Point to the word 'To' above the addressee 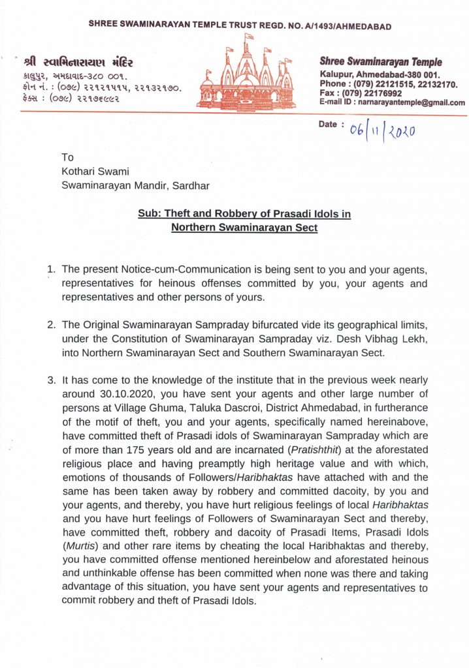click(x=68, y=157)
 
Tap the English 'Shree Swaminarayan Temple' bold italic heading click(x=381, y=62)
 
